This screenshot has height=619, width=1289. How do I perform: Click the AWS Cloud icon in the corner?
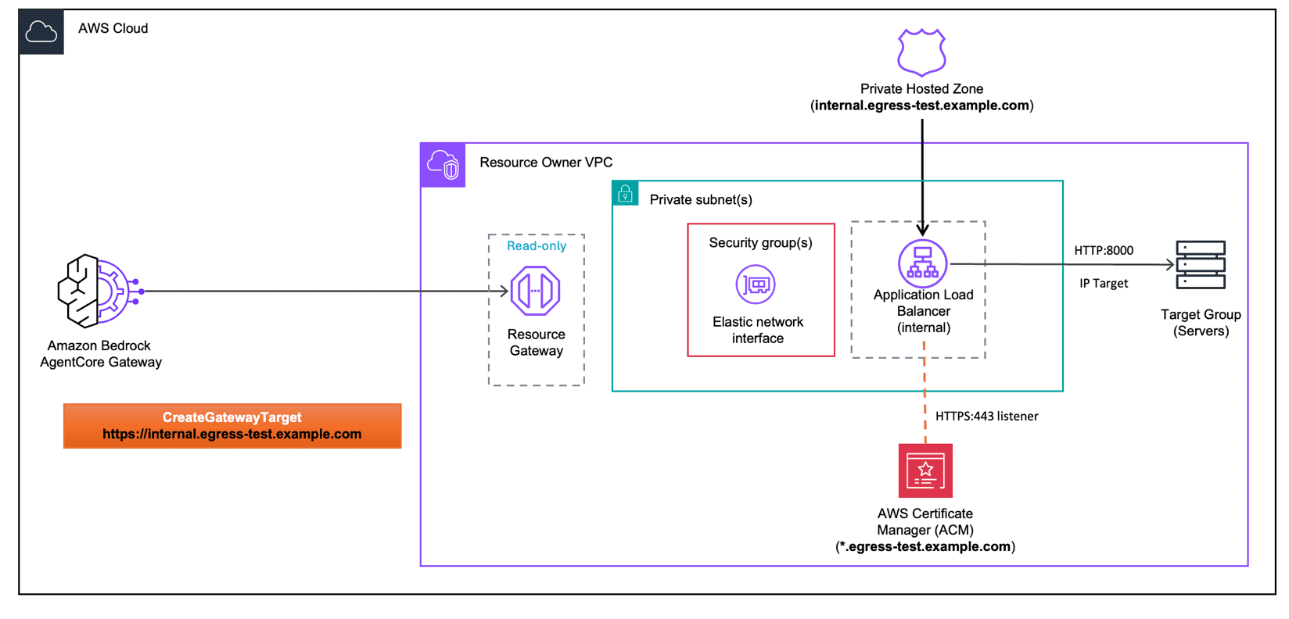(41, 31)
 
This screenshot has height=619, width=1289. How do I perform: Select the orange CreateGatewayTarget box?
(232, 426)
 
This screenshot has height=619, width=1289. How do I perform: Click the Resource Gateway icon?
(535, 290)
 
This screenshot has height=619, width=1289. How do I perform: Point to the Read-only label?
(537, 246)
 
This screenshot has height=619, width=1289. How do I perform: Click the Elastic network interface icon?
(756, 284)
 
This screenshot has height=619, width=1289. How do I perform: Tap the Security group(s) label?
(761, 242)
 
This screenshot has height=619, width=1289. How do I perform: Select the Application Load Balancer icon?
(922, 263)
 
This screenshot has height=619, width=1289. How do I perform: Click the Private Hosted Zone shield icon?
(922, 52)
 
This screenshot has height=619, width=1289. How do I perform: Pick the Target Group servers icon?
(1201, 265)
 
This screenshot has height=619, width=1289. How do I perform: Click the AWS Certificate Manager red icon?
(925, 471)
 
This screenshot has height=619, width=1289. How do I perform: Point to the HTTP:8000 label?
(1104, 251)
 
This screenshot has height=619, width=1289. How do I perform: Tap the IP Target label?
(1104, 284)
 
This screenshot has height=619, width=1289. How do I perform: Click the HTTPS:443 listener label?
(987, 416)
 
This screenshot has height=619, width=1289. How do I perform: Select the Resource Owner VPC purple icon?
(443, 165)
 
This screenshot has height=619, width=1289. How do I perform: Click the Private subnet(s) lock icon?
(625, 193)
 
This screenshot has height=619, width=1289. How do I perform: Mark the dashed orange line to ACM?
(925, 392)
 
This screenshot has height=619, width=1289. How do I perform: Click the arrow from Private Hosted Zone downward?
(922, 178)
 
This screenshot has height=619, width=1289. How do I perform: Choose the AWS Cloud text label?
(113, 28)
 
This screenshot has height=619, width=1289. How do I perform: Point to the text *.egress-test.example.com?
(925, 546)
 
